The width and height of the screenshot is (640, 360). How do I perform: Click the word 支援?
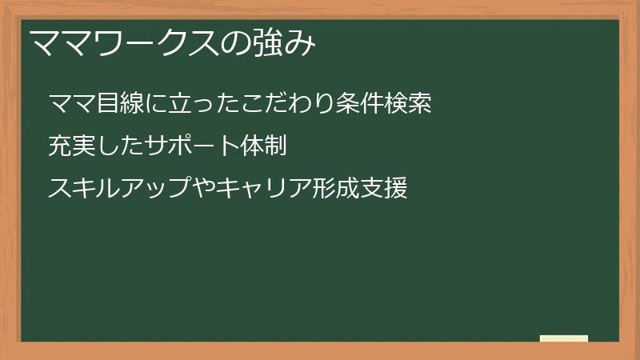click(x=384, y=189)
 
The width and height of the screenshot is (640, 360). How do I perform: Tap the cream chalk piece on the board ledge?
click(x=564, y=338)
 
